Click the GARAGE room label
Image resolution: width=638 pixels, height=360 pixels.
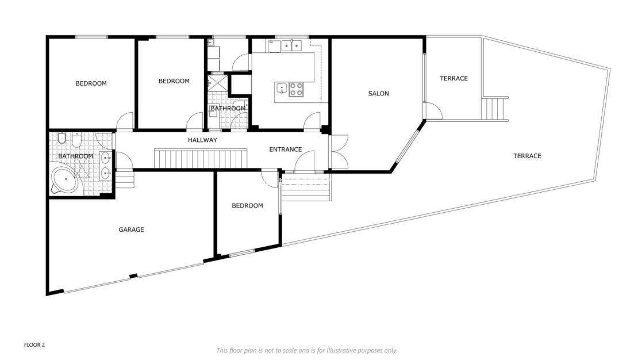(131, 229)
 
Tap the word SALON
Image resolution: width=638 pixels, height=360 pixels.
(379, 93)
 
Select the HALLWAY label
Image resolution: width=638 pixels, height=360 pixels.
(202, 140)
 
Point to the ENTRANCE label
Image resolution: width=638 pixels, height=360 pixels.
(286, 150)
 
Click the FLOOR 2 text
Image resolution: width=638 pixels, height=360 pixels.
(34, 345)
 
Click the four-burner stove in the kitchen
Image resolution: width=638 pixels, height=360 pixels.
(297, 89)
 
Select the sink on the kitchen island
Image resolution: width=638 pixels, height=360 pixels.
(282, 89)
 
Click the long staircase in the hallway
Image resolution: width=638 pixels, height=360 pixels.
(200, 158)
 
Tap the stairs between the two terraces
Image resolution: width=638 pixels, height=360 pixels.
(495, 108)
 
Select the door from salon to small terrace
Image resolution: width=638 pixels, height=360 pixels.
(432, 110)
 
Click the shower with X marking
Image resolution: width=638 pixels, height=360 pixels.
(217, 83)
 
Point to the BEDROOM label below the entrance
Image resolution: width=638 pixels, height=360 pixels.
(247, 205)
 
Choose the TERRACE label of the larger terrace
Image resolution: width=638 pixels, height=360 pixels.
(527, 156)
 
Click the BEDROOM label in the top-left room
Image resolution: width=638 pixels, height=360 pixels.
(91, 83)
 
